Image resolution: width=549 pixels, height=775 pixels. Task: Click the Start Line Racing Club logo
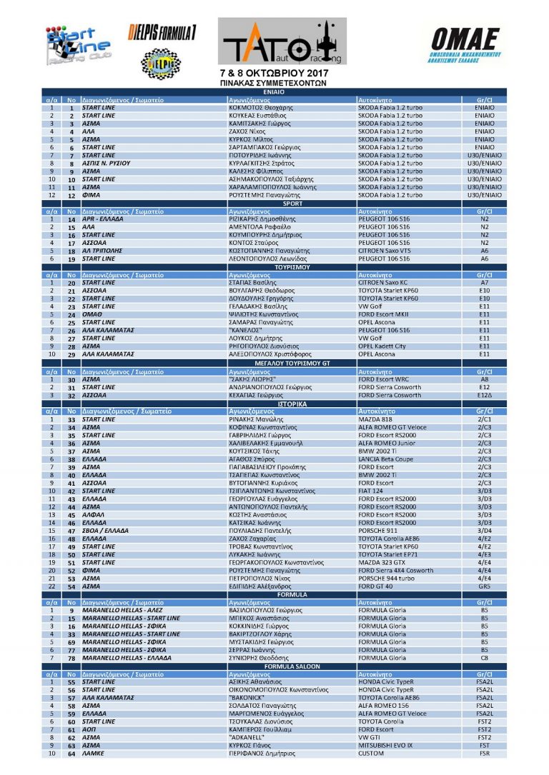point(77,46)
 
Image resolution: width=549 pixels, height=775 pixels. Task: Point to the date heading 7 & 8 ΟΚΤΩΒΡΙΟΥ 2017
point(273,74)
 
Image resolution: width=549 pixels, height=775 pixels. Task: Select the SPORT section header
point(274,204)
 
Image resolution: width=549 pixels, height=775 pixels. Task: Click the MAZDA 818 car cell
point(375,419)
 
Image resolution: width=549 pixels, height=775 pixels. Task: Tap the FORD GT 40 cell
point(377,586)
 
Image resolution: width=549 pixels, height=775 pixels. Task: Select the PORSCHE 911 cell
point(377,530)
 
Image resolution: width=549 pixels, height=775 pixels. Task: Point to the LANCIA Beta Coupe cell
point(385,459)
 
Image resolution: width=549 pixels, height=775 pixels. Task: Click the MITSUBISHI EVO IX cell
point(390,745)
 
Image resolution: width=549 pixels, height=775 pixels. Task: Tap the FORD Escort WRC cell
point(382,379)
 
